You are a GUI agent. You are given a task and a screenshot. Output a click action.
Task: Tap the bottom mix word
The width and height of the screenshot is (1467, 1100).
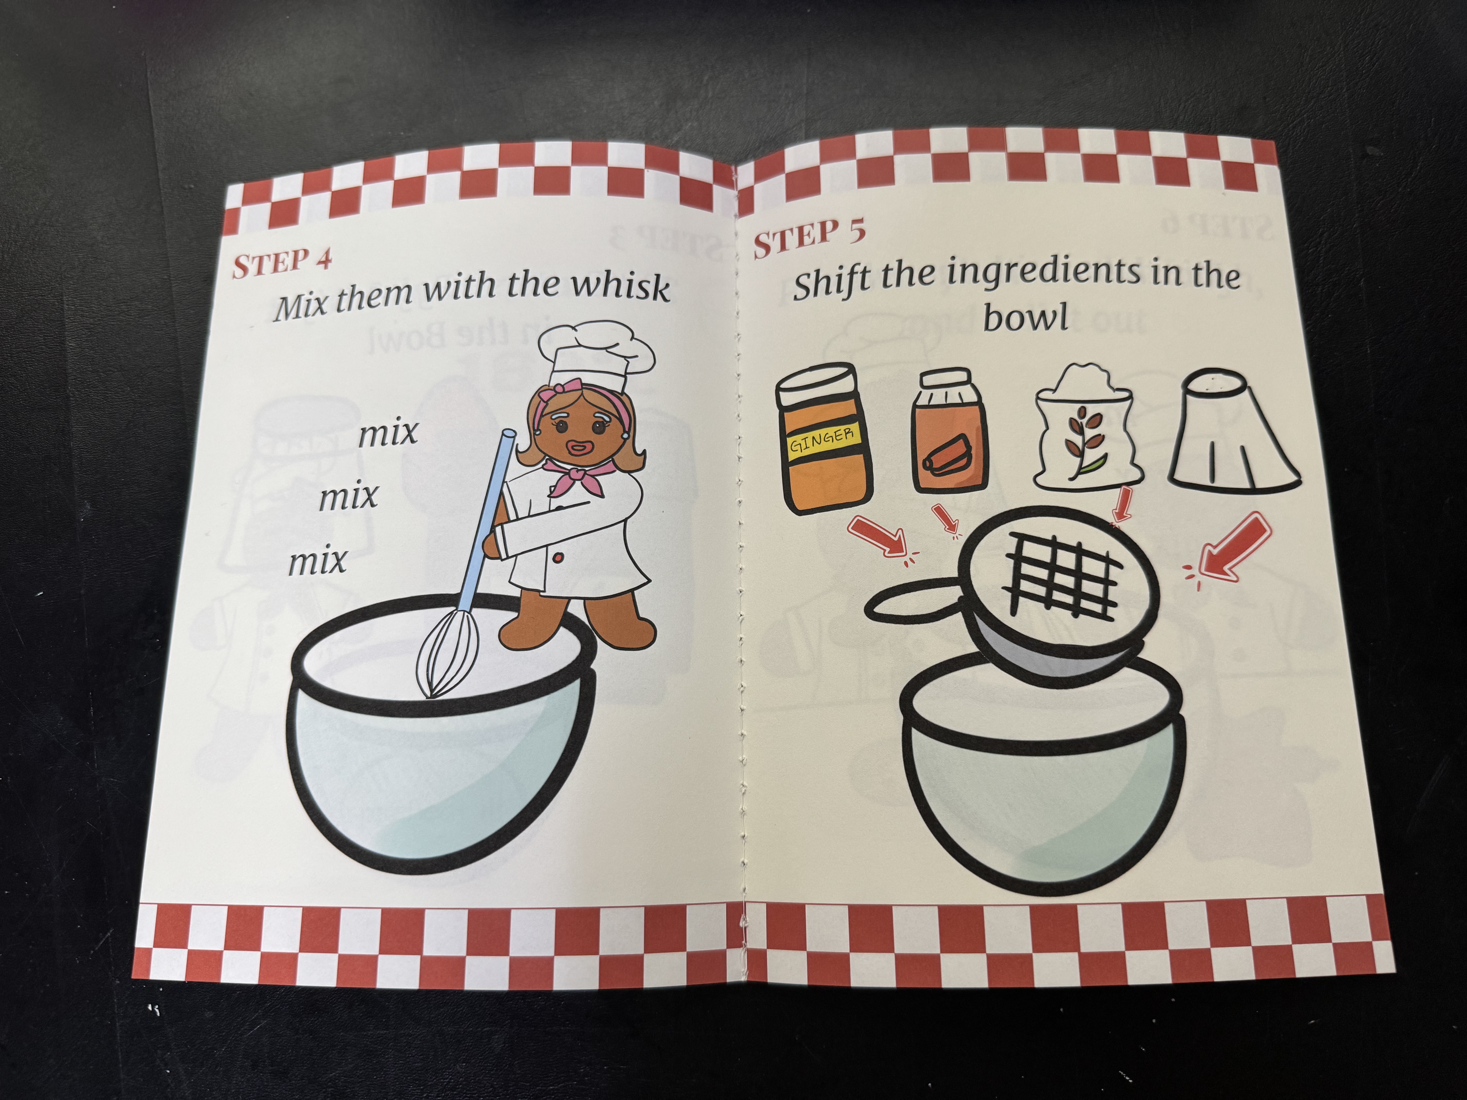(318, 561)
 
